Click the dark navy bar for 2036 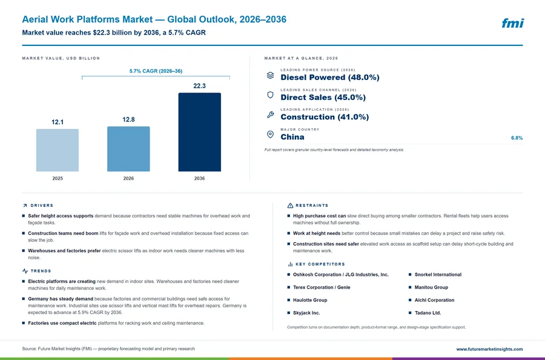pyautogui.click(x=199, y=132)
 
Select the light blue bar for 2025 pyautogui.click(x=58, y=150)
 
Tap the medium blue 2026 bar pyautogui.click(x=128, y=149)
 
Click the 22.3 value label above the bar pyautogui.click(x=199, y=86)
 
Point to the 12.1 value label pyautogui.click(x=58, y=122)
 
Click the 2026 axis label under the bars pyautogui.click(x=128, y=178)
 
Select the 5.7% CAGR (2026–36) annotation pyautogui.click(x=156, y=71)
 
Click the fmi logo pyautogui.click(x=513, y=23)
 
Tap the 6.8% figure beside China pyautogui.click(x=517, y=138)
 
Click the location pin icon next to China pyautogui.click(x=271, y=135)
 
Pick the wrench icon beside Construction pyautogui.click(x=271, y=114)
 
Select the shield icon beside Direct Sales pyautogui.click(x=271, y=95)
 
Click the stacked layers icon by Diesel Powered pyautogui.click(x=271, y=76)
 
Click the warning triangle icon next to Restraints pyautogui.click(x=290, y=206)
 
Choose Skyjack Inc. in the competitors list pyautogui.click(x=306, y=313)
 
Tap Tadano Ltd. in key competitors pyautogui.click(x=428, y=313)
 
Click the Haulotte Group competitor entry pyautogui.click(x=310, y=300)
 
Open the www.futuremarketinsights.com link pyautogui.click(x=489, y=349)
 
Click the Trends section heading pyautogui.click(x=41, y=271)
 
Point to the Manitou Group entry pyautogui.click(x=431, y=287)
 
